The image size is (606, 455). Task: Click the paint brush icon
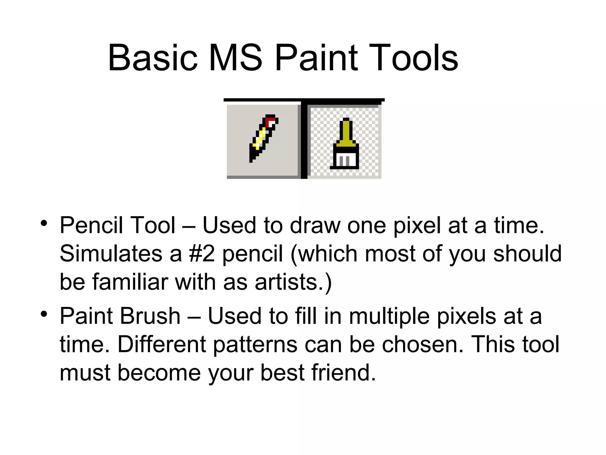click(x=345, y=144)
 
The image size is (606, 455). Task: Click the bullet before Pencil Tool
click(x=44, y=223)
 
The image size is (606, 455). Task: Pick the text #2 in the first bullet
click(x=202, y=254)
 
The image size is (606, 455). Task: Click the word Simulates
click(x=111, y=254)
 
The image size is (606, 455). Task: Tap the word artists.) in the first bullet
click(x=293, y=282)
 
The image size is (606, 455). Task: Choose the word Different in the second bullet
click(x=162, y=345)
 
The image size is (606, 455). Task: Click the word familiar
click(x=130, y=282)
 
